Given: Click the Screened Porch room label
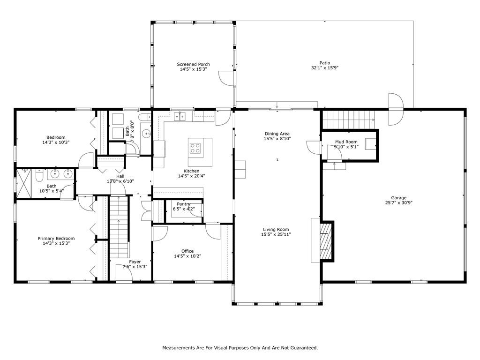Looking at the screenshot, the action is pyautogui.click(x=193, y=64).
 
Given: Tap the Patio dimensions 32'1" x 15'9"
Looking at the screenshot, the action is pyautogui.click(x=325, y=68).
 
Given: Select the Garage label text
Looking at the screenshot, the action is pyautogui.click(x=398, y=198).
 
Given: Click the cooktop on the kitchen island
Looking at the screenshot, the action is pyautogui.click(x=195, y=148).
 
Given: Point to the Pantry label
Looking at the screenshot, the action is pyautogui.click(x=184, y=204).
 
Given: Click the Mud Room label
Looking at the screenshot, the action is pyautogui.click(x=346, y=142).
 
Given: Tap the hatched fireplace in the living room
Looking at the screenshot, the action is pyautogui.click(x=326, y=241).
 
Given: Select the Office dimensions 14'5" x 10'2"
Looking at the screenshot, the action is pyautogui.click(x=187, y=256).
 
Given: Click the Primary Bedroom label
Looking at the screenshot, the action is pyautogui.click(x=56, y=239).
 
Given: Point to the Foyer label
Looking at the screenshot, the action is pyautogui.click(x=135, y=262).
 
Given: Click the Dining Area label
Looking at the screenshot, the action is pyautogui.click(x=277, y=134).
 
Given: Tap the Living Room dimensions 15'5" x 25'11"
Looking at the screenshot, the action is pyautogui.click(x=276, y=234).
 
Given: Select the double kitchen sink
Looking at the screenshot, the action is pyautogui.click(x=180, y=117).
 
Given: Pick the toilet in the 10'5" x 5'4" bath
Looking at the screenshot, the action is pyautogui.click(x=39, y=176).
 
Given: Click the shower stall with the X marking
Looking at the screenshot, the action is pyautogui.click(x=24, y=183).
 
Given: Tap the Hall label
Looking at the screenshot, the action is pyautogui.click(x=120, y=176).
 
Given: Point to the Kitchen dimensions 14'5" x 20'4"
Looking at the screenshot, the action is pyautogui.click(x=191, y=176).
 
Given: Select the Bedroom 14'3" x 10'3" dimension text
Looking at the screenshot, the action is pyautogui.click(x=56, y=142).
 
